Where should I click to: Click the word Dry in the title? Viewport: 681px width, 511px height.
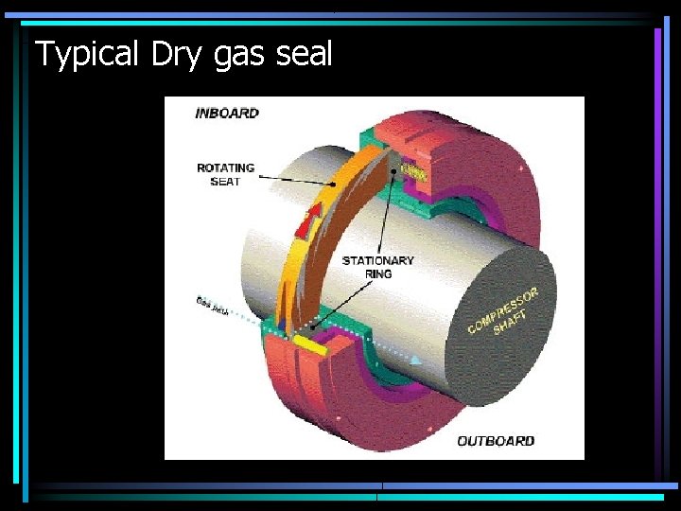(x=176, y=54)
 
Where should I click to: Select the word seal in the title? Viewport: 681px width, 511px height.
(x=305, y=54)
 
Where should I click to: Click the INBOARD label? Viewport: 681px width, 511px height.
(x=226, y=114)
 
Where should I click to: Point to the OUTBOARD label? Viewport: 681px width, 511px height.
(x=496, y=441)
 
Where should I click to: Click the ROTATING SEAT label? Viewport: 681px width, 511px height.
(x=225, y=174)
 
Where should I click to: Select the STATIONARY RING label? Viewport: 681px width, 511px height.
(x=377, y=267)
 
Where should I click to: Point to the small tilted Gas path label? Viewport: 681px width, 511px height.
(x=212, y=305)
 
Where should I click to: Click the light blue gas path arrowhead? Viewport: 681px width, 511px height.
(x=415, y=360)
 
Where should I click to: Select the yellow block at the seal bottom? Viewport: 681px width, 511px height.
(x=310, y=345)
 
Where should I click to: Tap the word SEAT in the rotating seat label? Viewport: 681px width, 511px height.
(x=225, y=181)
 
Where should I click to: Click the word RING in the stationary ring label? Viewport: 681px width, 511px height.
(x=378, y=273)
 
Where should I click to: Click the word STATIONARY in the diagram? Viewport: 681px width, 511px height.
(x=377, y=260)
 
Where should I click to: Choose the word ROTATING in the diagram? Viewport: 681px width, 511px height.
(x=225, y=167)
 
